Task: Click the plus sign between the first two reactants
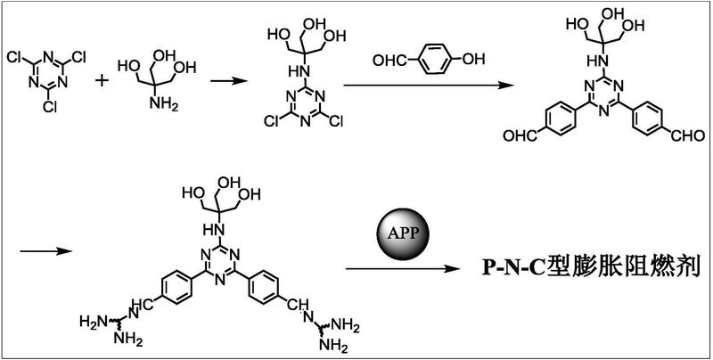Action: (103, 80)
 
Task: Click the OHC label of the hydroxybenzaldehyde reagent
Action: (389, 60)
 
